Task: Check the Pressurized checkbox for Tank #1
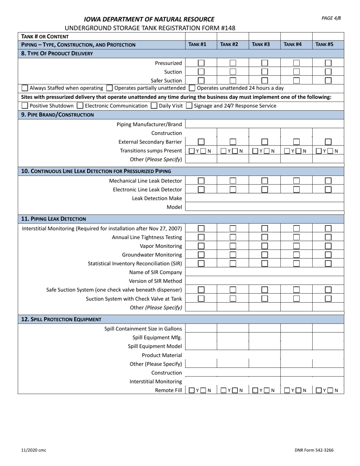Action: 201,63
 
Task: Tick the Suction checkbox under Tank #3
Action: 265,72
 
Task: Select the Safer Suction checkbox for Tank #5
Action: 328,80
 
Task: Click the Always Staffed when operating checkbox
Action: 25,88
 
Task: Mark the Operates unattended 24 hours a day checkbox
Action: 192,88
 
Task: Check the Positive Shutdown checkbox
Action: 25,106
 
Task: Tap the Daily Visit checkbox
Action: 154,106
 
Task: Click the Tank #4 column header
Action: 296,44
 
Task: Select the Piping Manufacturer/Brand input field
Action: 265,124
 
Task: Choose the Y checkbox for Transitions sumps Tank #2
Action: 224,151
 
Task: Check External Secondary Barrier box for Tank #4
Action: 296,142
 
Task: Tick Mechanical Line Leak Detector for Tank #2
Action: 233,181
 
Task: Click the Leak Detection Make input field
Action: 265,198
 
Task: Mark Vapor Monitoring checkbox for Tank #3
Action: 265,246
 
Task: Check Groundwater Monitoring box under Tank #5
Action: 328,255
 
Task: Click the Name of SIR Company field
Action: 265,272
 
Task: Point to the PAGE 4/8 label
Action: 331,18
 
